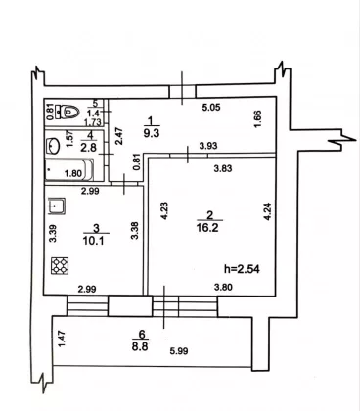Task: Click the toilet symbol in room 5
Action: pyautogui.click(x=68, y=112)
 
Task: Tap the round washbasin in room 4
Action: pyautogui.click(x=54, y=146)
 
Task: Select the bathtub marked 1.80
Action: pyautogui.click(x=69, y=169)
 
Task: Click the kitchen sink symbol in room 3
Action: pyautogui.click(x=57, y=206)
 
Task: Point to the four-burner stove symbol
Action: pyautogui.click(x=60, y=265)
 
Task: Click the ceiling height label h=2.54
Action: pyautogui.click(x=242, y=269)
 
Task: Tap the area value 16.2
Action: pyautogui.click(x=207, y=227)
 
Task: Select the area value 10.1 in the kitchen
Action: pyautogui.click(x=94, y=241)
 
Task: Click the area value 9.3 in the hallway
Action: pyautogui.click(x=152, y=133)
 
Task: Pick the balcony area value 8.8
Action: pyautogui.click(x=140, y=346)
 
